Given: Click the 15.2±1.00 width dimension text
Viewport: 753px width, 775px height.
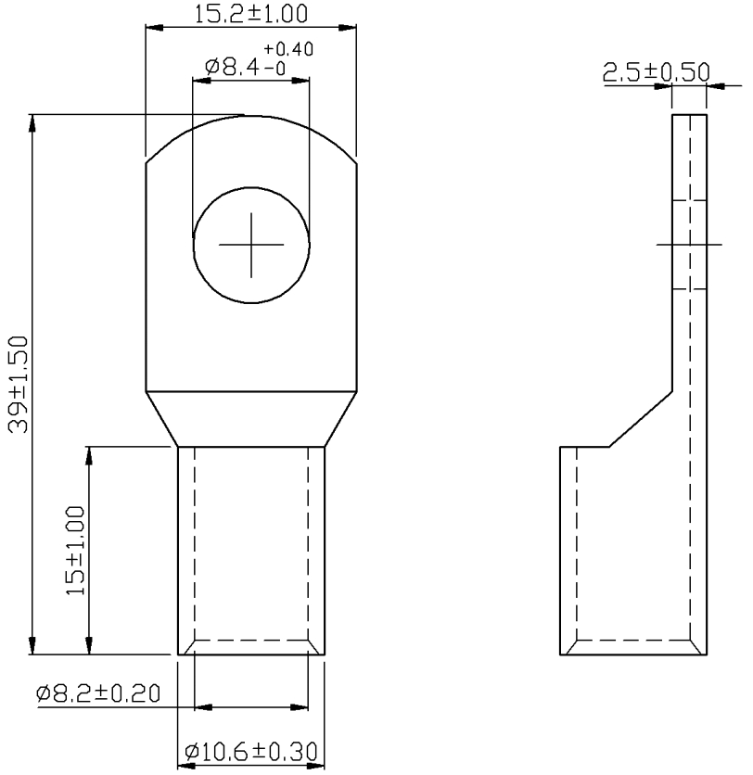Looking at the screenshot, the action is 250,14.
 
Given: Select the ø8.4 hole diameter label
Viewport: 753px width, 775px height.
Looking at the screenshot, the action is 233,66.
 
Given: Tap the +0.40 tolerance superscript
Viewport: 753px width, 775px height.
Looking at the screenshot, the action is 288,49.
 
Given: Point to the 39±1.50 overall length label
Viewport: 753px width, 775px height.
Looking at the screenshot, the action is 19,384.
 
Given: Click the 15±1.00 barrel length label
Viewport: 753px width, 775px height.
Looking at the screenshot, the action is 75,551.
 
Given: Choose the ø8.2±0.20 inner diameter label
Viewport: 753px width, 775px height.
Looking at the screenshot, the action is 98,692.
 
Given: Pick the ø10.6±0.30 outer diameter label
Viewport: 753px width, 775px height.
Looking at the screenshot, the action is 250,752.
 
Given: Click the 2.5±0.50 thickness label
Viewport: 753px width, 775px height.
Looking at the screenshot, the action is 657,72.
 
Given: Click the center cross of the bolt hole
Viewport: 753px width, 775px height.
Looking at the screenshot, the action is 251,245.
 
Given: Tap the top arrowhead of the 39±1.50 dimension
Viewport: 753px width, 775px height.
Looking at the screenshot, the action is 32,123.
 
